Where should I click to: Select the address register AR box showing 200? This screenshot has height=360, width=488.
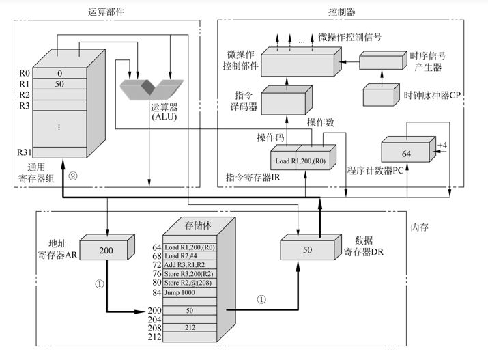point(106,251)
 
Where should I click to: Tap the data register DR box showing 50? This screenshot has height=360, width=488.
point(307,251)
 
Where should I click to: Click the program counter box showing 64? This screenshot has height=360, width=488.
point(406,154)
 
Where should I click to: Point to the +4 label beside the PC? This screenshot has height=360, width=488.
point(442,146)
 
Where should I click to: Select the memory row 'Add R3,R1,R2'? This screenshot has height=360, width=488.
point(188,264)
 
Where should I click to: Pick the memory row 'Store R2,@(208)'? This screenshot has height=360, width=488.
point(188,282)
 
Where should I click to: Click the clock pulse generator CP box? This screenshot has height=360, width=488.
point(382,96)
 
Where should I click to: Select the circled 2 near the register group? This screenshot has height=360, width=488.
point(73,176)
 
